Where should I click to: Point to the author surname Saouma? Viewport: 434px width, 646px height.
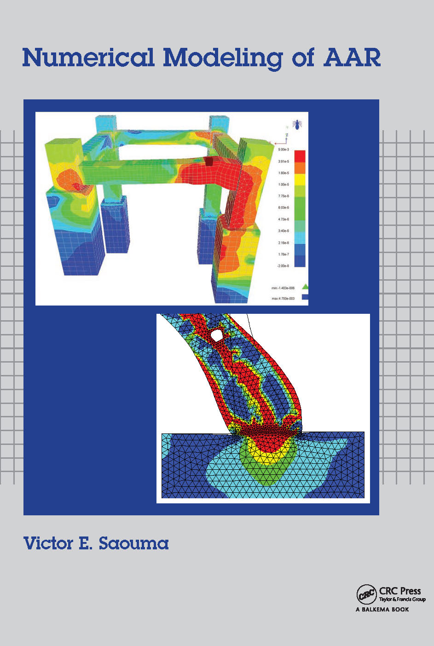click(x=133, y=543)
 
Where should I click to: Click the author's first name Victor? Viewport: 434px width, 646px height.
click(x=49, y=543)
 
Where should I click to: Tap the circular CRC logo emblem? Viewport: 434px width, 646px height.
click(x=366, y=594)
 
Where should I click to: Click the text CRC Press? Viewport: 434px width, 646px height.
click(x=400, y=591)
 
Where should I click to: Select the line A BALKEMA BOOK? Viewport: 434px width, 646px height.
click(x=382, y=610)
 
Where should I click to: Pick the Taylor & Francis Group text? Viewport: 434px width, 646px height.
click(x=402, y=600)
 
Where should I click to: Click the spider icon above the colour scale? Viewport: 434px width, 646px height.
click(x=297, y=124)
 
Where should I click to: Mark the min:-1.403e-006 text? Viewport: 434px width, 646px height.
click(x=283, y=288)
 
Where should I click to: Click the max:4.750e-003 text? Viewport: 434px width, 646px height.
click(x=283, y=299)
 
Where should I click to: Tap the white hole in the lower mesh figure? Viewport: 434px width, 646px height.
click(x=216, y=335)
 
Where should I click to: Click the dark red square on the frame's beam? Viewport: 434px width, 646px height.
click(x=209, y=161)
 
